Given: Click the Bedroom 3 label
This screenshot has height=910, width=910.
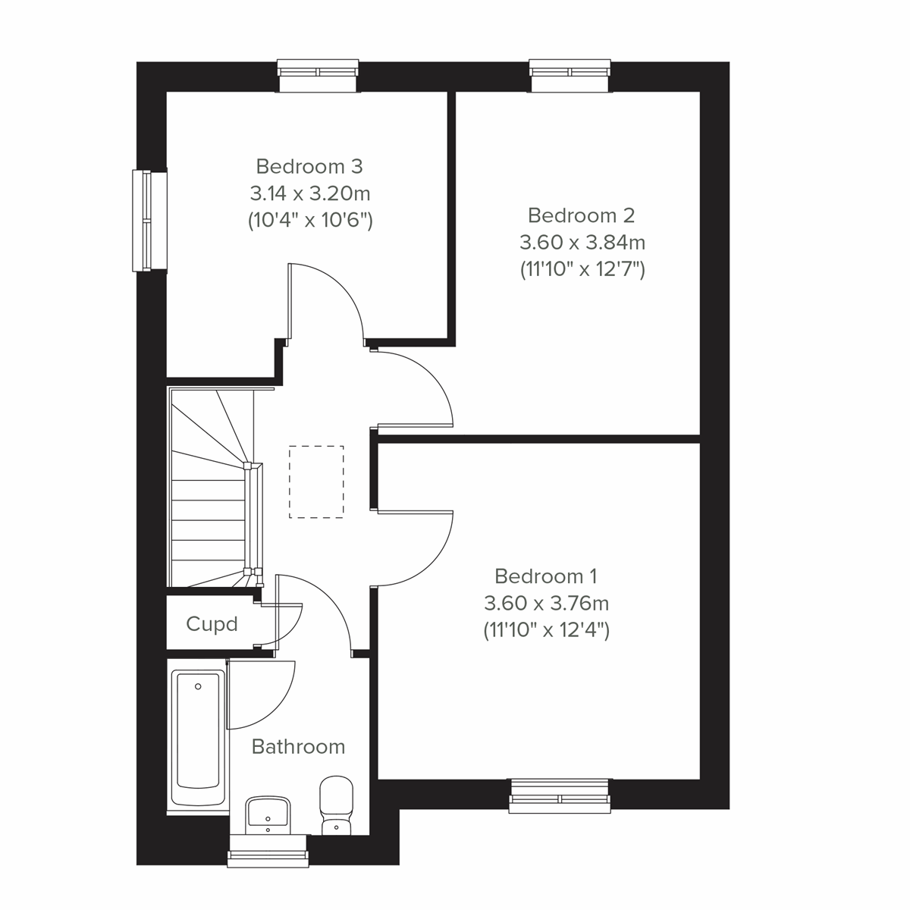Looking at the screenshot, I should [309, 166].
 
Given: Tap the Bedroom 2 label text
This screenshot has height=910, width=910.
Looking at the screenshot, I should [582, 215].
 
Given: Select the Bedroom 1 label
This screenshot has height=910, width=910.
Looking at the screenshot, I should [546, 576].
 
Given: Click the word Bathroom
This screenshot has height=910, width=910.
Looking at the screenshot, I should [298, 747].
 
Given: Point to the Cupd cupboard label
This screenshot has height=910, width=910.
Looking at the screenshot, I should [212, 624].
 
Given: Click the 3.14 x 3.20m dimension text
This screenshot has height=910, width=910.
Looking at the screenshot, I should [309, 193].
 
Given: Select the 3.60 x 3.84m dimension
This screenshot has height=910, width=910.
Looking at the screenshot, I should [582, 243].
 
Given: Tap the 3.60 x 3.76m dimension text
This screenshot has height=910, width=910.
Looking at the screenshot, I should [546, 604].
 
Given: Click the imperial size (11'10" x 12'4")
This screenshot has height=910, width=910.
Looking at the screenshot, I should [546, 630].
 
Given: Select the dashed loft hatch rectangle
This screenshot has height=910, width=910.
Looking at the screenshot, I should [316, 482].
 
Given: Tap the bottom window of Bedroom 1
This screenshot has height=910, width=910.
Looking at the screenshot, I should [560, 795].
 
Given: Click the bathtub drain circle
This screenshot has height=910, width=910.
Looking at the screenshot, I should [198, 687].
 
